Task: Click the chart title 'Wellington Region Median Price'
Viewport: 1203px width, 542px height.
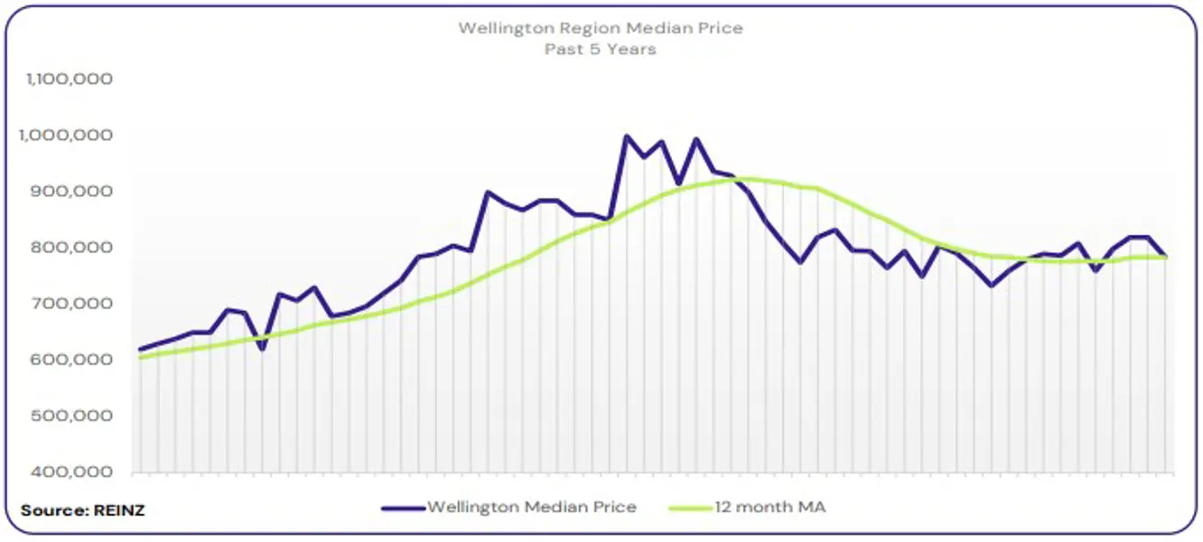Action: pos(601,28)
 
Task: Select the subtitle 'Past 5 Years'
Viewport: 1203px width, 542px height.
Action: pos(601,49)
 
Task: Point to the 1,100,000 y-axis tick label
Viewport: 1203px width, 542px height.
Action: pos(70,79)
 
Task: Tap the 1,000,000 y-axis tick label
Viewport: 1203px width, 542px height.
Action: pos(70,135)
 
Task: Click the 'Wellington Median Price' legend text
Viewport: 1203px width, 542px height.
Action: pos(531,507)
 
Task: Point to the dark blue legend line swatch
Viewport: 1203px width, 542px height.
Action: pos(403,508)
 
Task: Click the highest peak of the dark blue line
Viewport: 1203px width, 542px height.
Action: pos(626,136)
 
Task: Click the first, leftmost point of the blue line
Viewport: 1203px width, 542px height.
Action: pos(140,350)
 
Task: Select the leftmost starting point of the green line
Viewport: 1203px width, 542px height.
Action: pos(140,358)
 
